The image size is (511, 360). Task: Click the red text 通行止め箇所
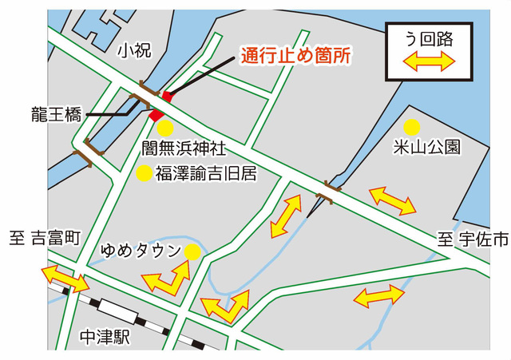point(295,57)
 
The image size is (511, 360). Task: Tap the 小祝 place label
point(133,52)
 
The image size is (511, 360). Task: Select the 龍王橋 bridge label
point(57,114)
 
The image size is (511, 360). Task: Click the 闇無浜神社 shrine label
point(184,148)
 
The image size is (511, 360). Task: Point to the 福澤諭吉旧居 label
point(206,173)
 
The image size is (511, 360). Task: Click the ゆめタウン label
point(141,251)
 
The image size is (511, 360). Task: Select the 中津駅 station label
point(105,338)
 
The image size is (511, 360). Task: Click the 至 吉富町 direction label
point(46,237)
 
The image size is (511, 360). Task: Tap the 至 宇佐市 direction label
point(473,238)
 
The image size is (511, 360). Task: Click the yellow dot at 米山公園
point(412,126)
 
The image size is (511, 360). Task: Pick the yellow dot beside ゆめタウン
point(192,252)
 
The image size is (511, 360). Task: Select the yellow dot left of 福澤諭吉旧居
point(145,173)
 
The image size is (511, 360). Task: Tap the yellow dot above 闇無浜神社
point(164,128)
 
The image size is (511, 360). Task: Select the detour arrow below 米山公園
point(392,200)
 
